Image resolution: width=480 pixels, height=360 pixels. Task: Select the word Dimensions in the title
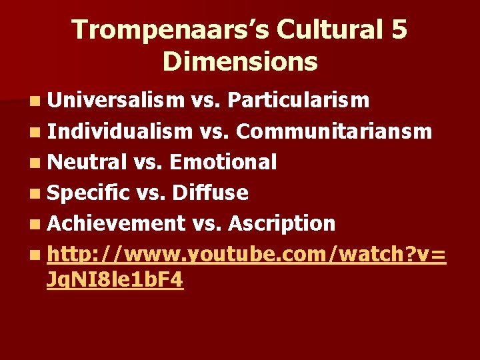[240, 62]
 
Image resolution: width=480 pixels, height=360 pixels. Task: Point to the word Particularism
[298, 100]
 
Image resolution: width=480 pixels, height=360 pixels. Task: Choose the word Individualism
[119, 131]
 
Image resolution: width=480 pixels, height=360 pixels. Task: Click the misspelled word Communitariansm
[334, 131]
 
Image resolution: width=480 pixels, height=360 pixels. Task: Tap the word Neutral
[87, 162]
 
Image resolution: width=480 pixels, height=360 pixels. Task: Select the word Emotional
[223, 162]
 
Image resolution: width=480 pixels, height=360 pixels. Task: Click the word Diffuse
[210, 193]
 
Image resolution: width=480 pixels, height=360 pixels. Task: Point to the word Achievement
[116, 223]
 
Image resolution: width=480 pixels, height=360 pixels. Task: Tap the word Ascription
[281, 223]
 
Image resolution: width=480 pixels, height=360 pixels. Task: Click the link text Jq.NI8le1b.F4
[115, 281]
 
